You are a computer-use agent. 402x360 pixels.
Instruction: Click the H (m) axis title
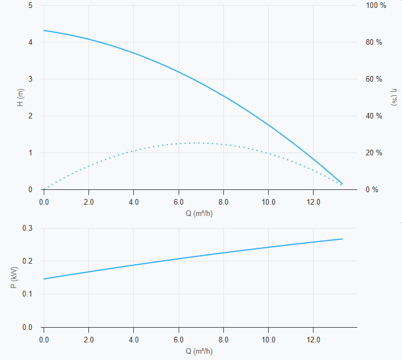coord(20,98)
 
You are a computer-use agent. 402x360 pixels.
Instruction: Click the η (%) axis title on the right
coord(394,97)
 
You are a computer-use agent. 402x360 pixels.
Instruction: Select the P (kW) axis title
coord(14,277)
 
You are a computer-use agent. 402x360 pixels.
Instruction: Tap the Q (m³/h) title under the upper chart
coord(199,213)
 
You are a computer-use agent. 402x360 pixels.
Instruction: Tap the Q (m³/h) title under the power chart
coord(199,351)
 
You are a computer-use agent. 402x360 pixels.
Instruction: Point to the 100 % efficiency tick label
coord(376,5)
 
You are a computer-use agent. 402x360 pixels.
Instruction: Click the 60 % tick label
coord(374,79)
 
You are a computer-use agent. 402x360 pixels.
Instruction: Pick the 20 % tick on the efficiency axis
coord(374,153)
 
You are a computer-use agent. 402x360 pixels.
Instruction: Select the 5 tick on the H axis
coord(31,5)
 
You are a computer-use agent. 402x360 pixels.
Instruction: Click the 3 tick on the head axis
coord(31,79)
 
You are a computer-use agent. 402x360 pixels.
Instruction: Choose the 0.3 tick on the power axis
coord(27,228)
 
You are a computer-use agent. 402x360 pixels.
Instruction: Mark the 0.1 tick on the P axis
coord(27,294)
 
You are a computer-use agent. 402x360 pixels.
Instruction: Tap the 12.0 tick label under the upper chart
coord(314,202)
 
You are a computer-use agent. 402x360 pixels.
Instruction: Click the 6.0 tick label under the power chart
coord(179,340)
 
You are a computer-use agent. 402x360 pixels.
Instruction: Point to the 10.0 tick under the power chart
coord(268,340)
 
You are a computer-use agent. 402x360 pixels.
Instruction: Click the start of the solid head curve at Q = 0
coord(44,31)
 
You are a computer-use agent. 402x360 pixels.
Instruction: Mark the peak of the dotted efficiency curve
coord(196,143)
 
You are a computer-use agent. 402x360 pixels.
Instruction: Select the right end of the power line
coord(342,239)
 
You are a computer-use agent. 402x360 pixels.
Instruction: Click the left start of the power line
coord(44,279)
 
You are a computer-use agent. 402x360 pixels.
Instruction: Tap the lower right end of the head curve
coord(342,184)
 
